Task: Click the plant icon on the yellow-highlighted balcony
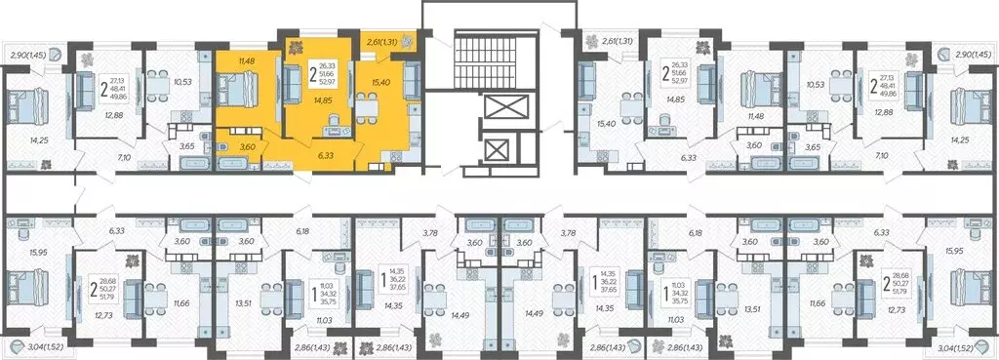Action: pyautogui.click(x=408, y=42)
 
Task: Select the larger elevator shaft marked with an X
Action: pyautogui.click(x=497, y=107)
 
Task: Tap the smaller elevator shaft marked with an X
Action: pyautogui.click(x=497, y=150)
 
